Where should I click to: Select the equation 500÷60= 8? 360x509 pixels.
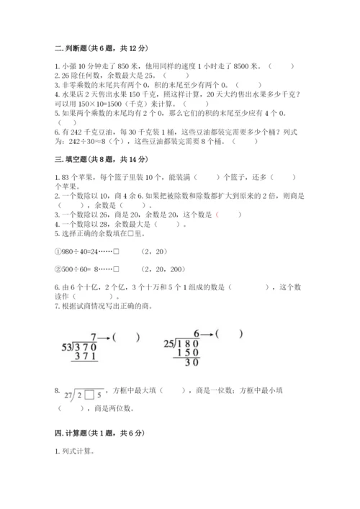click(x=82, y=269)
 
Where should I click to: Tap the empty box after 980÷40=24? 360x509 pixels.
click(x=116, y=251)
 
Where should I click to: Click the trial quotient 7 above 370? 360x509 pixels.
click(x=93, y=337)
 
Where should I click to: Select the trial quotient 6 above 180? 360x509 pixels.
click(x=196, y=334)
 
